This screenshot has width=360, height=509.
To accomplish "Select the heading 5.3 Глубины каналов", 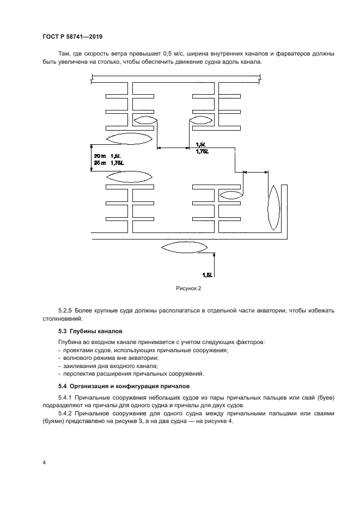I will [x=90, y=331].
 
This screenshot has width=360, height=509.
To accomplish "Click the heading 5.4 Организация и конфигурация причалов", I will [x=124, y=386].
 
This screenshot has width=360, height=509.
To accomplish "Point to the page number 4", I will [x=44, y=463].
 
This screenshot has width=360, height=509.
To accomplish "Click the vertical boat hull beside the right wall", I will [x=273, y=207].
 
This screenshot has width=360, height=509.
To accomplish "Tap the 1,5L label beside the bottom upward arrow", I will [x=207, y=275].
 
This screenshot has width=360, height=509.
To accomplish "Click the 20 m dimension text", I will [x=100, y=156].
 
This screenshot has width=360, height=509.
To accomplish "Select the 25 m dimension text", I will [x=100, y=163].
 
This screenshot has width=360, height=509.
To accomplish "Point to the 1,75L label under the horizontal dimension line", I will [x=202, y=151].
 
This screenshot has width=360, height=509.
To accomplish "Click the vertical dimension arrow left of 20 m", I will [x=91, y=158].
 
